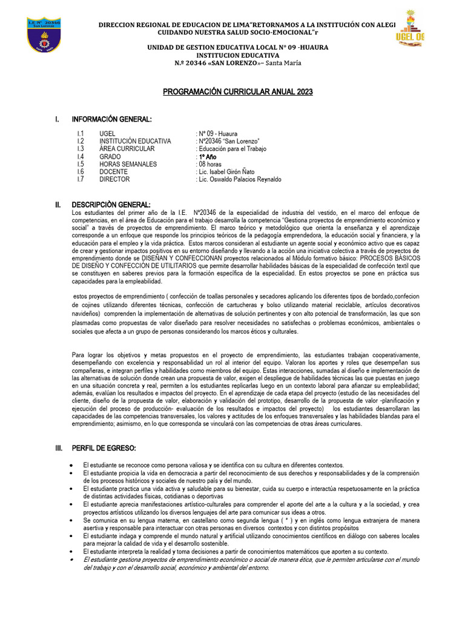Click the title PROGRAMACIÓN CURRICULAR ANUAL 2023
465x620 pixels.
238,91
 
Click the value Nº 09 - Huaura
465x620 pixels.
217,133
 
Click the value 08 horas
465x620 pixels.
209,164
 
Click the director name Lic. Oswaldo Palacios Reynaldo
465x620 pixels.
240,179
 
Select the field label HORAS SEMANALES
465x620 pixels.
128,164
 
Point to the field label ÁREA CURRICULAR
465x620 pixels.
127,148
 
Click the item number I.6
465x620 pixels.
81,172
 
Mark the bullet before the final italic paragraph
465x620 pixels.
73,559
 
